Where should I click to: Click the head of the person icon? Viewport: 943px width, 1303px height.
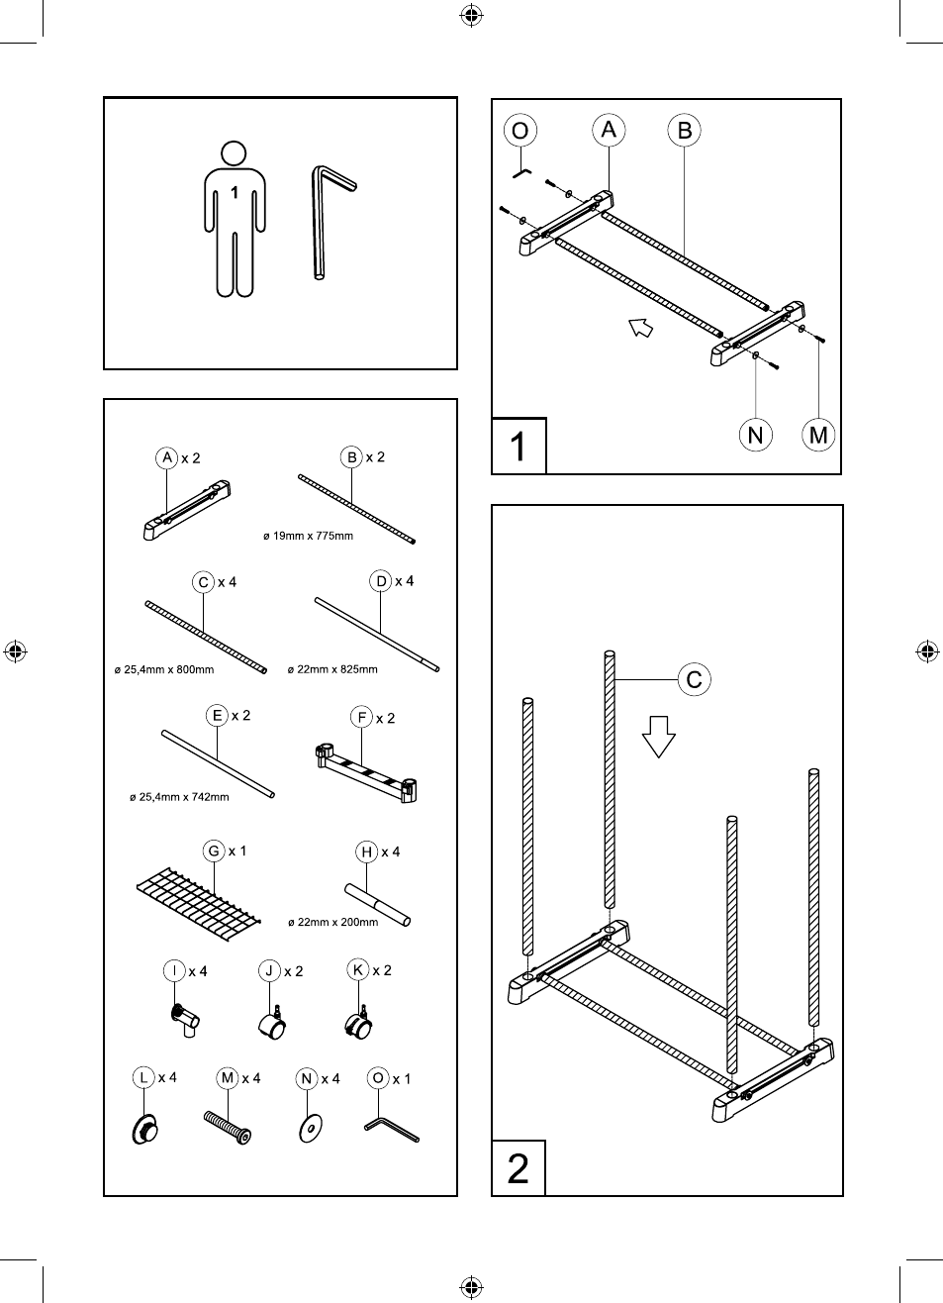[234, 153]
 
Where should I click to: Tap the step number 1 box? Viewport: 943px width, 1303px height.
[519, 447]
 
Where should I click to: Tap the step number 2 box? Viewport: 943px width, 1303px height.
[519, 1168]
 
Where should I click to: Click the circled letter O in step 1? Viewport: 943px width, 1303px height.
[519, 131]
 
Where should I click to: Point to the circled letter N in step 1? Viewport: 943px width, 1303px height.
[756, 435]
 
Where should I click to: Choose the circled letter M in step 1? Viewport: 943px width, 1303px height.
[818, 435]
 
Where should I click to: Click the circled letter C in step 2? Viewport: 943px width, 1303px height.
[694, 679]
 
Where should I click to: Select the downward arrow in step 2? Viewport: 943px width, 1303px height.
[659, 736]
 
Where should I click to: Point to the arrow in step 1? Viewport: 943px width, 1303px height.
[641, 327]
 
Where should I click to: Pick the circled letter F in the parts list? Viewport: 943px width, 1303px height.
[361, 718]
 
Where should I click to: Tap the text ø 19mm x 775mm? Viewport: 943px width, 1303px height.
[308, 536]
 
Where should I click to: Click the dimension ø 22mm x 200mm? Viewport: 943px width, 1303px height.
[332, 922]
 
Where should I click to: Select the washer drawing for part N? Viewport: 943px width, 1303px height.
[311, 1127]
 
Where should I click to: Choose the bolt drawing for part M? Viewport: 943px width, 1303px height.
[229, 1126]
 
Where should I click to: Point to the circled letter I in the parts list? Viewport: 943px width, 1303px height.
[174, 970]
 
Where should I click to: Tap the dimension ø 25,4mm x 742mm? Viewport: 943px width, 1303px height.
[179, 797]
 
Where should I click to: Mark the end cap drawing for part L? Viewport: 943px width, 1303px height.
[144, 1128]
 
